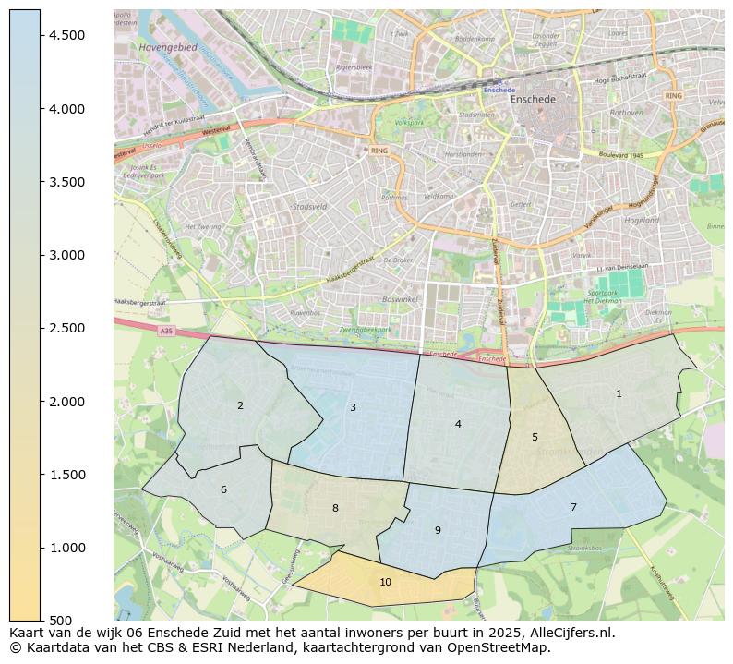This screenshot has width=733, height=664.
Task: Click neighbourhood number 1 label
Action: [x=619, y=393]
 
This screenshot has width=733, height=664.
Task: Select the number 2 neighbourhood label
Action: [x=240, y=405]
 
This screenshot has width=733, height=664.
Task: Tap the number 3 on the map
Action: [x=353, y=407]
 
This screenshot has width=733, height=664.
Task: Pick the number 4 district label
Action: [x=458, y=424]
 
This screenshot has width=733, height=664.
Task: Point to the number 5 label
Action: [x=535, y=437]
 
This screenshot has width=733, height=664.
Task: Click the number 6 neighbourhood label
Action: [x=223, y=489]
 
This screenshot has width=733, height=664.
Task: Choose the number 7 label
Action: [x=573, y=507]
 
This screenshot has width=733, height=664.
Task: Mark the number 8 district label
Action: [x=335, y=508]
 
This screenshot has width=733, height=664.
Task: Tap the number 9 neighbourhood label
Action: [x=438, y=530]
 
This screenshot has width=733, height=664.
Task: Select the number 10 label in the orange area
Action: [x=385, y=582]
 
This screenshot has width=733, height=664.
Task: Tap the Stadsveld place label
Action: [x=309, y=207]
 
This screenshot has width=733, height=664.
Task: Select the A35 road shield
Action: [x=165, y=330]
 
